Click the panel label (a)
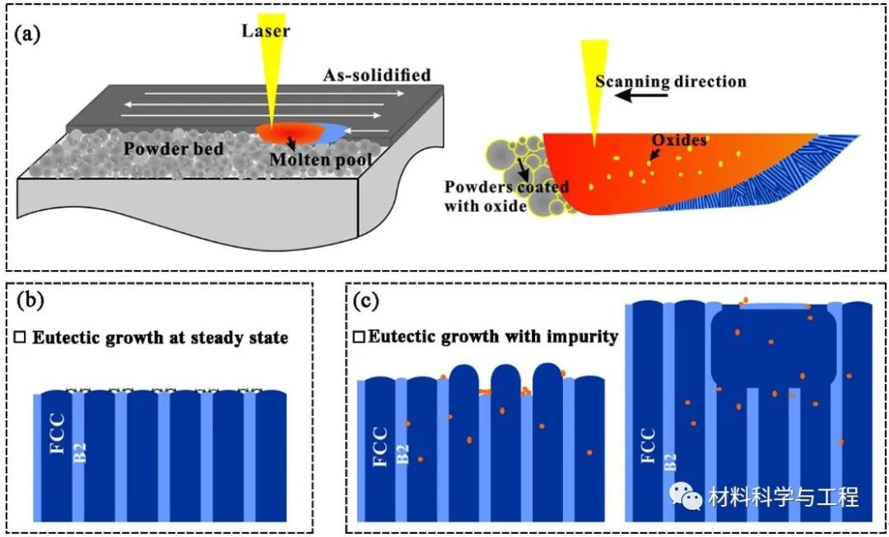(27, 35)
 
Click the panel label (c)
(366, 301)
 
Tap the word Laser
(266, 32)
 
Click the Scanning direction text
(671, 81)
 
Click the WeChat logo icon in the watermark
(684, 495)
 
